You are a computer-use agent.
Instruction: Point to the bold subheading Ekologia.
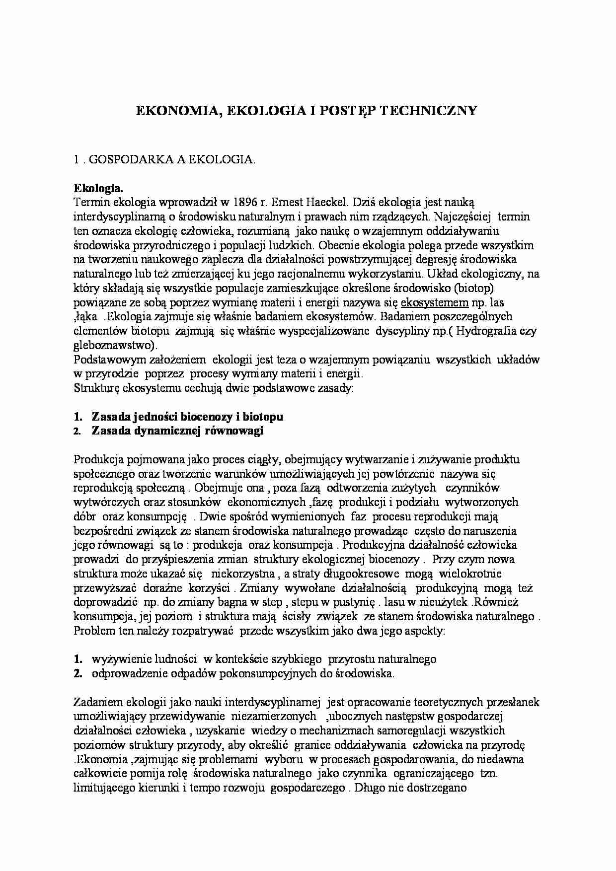[98, 188]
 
